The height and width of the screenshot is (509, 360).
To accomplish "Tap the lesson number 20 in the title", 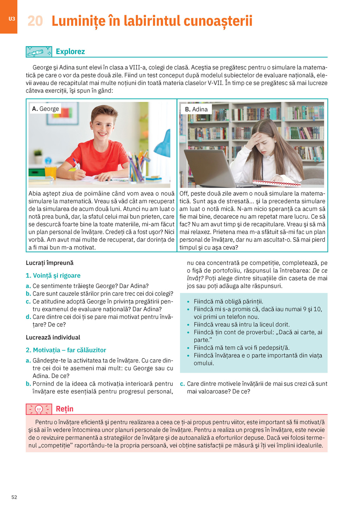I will coord(35,21).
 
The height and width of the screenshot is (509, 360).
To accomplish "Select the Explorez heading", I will coord(70,52).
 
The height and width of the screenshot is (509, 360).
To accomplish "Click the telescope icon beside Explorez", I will coord(39,52).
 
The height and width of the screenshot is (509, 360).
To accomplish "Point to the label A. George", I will coord(45,109).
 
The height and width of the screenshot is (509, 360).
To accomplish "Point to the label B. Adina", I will coord(196,109).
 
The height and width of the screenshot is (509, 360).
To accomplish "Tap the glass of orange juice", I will coord(51,173).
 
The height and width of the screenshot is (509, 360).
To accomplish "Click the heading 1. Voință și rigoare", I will coord(53,276).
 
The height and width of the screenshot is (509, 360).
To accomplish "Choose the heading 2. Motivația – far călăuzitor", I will coord(66,350).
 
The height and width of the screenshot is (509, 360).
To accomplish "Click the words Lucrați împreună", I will coord(50,263).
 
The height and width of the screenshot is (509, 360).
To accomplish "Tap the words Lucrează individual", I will coord(53,337).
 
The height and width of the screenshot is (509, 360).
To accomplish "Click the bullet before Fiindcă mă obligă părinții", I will coord(188,302).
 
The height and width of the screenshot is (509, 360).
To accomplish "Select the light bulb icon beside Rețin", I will coord(39,409).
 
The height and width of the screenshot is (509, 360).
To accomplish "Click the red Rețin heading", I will coord(65,409).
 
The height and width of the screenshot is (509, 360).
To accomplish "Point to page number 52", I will coord(14,497).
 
